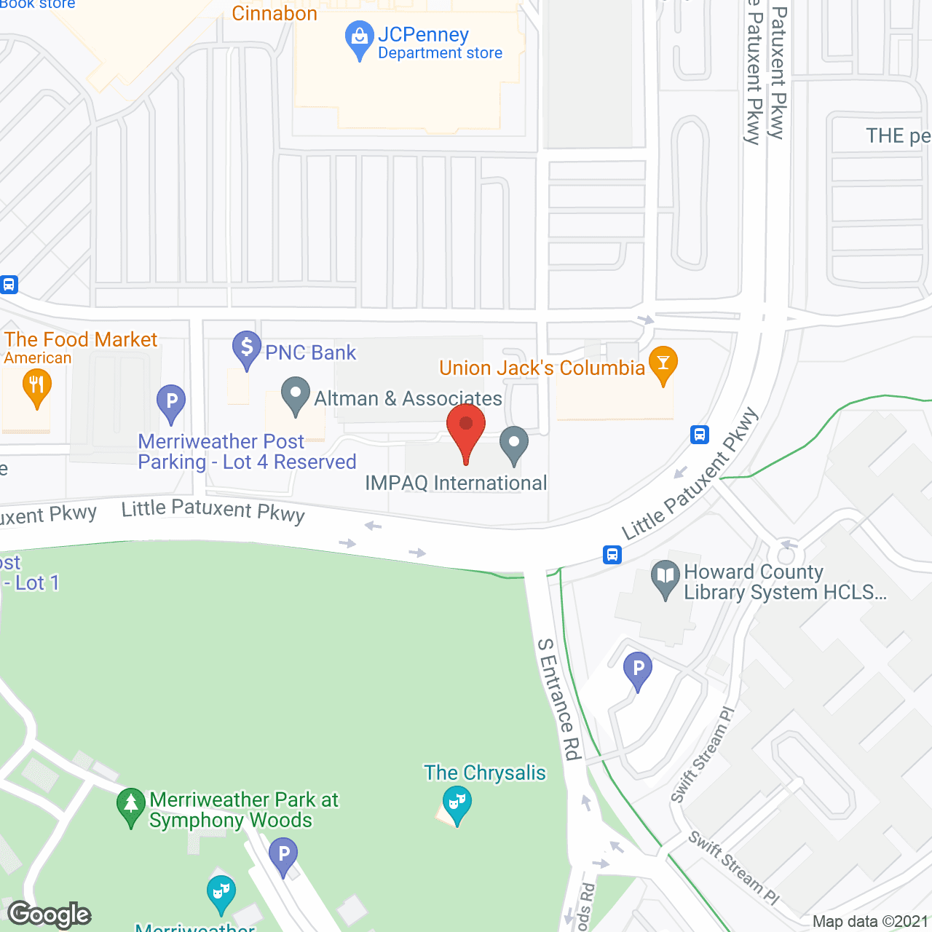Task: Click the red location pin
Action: click(466, 426)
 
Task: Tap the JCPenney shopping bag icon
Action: click(359, 36)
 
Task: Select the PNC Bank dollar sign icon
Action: click(247, 347)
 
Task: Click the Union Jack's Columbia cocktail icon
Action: click(663, 363)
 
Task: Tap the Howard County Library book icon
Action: click(665, 577)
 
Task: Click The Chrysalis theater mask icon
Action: click(457, 803)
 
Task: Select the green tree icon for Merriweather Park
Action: click(131, 805)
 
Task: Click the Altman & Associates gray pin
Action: click(296, 394)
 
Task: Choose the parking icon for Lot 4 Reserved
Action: click(171, 401)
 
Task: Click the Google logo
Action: click(50, 915)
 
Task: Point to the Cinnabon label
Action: click(275, 13)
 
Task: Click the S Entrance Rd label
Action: click(559, 699)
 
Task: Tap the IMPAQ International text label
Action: click(456, 483)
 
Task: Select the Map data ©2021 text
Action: click(871, 921)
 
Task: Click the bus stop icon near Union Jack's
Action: click(700, 435)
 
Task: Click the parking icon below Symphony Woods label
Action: click(283, 855)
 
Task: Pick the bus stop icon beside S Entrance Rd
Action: click(612, 555)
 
